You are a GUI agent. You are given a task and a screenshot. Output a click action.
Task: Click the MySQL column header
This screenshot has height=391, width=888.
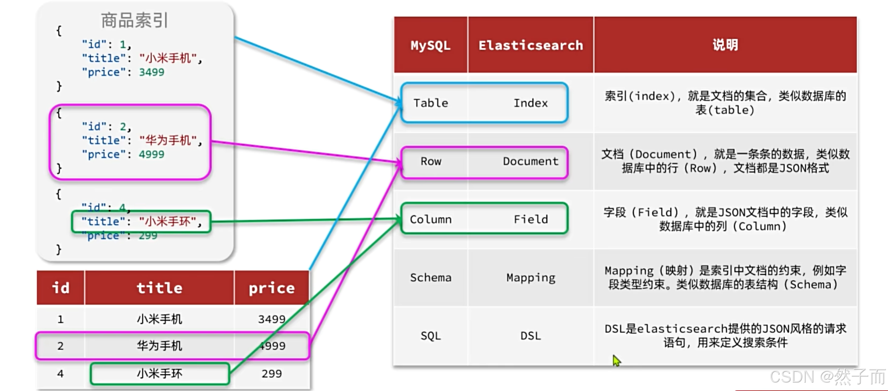[x=430, y=45]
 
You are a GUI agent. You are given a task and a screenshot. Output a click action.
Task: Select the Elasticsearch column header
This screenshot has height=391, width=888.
[x=530, y=45]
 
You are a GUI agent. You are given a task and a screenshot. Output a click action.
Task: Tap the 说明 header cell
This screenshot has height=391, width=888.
[x=725, y=45]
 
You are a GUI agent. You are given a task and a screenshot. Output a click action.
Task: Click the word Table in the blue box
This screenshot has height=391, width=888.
[x=431, y=103]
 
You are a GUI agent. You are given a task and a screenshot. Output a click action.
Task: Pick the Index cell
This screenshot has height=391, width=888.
[x=530, y=103]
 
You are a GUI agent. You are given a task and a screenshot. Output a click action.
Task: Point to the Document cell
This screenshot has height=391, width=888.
[x=530, y=161]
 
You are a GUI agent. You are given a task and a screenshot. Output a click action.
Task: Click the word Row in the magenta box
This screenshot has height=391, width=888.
[x=431, y=161]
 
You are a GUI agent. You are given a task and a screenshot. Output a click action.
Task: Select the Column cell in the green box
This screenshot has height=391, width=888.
[x=431, y=219]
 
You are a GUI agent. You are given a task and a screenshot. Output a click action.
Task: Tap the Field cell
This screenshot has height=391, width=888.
[x=530, y=219]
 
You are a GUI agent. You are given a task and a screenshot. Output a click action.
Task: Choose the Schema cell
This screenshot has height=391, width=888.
[x=431, y=277]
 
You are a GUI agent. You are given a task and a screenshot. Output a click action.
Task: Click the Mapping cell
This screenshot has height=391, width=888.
[x=530, y=277]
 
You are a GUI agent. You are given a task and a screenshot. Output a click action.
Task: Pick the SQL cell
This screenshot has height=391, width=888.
[x=431, y=336]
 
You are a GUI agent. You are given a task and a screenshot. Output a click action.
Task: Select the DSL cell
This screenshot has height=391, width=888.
[x=530, y=336]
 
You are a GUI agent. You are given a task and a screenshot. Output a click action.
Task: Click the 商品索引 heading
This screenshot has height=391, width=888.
[x=134, y=20]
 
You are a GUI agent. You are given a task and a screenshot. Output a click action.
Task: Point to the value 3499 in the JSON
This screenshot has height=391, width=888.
[x=151, y=72]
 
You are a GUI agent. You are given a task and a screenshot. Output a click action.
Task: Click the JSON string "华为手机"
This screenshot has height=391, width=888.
[x=168, y=140]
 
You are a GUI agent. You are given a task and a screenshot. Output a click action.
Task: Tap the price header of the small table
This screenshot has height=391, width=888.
[x=272, y=288]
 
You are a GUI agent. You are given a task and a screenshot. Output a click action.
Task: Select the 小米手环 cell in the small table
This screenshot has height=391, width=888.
[x=159, y=373]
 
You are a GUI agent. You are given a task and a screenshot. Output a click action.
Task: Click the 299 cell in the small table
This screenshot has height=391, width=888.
[x=272, y=373]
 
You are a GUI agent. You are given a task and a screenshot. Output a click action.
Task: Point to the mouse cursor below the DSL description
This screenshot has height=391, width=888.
[x=616, y=360]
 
